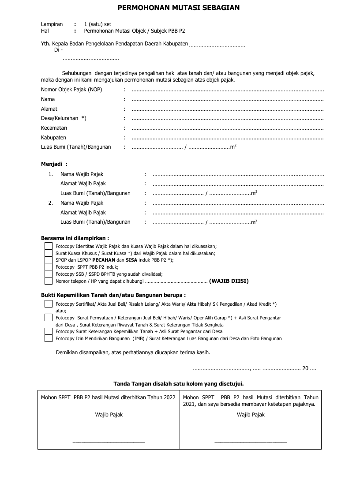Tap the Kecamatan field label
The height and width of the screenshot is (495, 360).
pos(54,128)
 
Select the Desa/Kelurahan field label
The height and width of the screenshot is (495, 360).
pos(64,118)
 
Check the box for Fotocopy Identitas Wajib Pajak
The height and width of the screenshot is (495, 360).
pos(49,246)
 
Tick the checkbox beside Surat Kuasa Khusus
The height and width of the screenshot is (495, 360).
pos(49,253)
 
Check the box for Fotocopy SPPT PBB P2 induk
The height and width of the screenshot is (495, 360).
pos(49,267)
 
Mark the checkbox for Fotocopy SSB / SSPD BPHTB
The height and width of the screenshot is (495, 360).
pos(49,274)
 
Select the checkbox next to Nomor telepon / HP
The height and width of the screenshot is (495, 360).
pos(49,281)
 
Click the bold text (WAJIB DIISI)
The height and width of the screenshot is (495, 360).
pos(229,281)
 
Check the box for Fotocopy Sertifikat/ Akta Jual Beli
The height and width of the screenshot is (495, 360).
pos(49,304)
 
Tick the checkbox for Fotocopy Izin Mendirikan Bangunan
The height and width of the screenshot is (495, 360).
pos(49,338)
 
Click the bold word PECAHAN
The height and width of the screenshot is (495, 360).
pos(104,260)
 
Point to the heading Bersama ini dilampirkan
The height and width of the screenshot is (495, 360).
pos(75,238)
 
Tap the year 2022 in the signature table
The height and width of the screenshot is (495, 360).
pos(169,397)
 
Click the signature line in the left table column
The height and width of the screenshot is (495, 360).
pos(109,441)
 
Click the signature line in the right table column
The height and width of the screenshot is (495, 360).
pos(251,441)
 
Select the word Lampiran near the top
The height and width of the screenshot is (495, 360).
pos(52,24)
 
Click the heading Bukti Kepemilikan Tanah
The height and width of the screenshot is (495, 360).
pos(113,295)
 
